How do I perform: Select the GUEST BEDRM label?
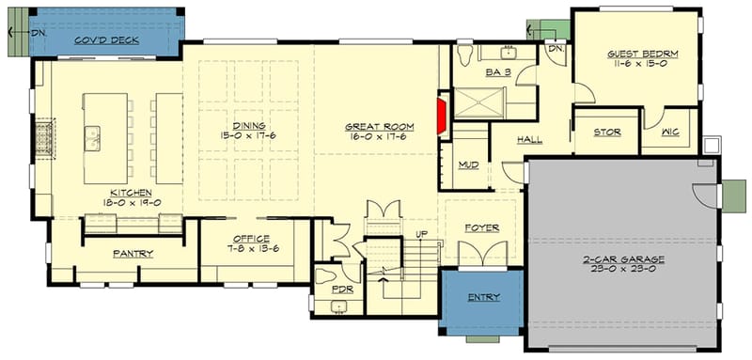point(642,55)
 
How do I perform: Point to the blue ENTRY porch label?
point(481,298)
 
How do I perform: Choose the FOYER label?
point(481,227)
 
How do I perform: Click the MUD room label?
point(469,164)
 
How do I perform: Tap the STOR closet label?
point(606,133)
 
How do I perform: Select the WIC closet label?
point(671,133)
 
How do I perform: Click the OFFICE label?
point(251,238)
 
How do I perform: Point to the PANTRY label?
point(133,254)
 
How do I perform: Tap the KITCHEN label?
point(131,193)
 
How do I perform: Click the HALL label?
point(529,140)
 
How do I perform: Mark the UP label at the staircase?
point(422,234)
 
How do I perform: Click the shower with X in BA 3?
point(479,102)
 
